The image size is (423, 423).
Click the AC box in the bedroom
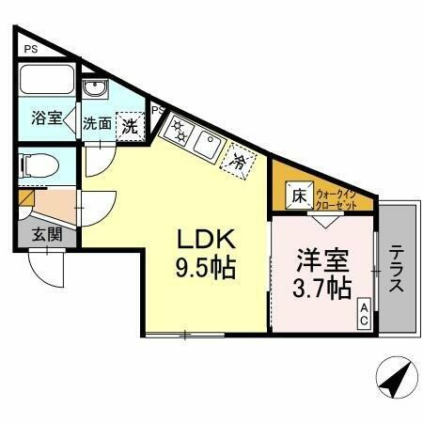click(364, 314)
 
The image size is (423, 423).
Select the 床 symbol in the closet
click(297, 196)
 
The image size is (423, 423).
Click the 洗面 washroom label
click(97, 123)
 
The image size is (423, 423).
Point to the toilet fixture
click(40, 166)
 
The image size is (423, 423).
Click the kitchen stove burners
click(177, 133)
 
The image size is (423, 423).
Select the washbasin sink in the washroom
click(94, 89)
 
